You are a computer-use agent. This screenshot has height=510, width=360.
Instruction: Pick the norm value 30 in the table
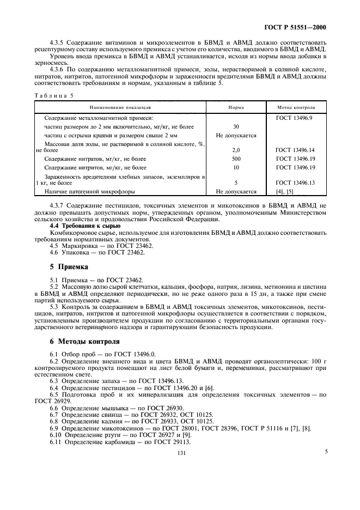[x=236, y=126]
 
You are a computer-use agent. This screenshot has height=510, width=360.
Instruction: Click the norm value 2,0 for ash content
[x=236, y=149]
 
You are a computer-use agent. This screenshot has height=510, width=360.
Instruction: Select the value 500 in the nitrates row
[x=236, y=158]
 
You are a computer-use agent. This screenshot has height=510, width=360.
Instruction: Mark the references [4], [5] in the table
[x=285, y=192]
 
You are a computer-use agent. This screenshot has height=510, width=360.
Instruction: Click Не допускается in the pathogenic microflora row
[x=236, y=192]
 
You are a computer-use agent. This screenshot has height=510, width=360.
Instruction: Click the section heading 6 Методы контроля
[x=81, y=342]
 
